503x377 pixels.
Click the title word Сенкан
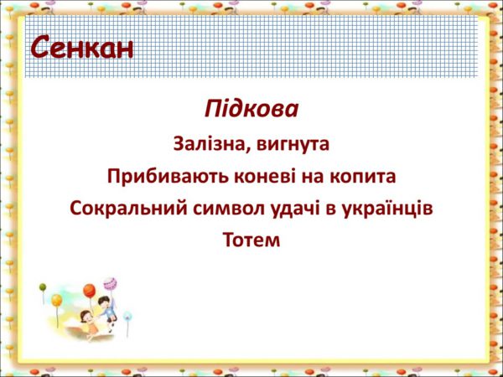click(82, 48)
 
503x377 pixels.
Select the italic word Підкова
click(251, 109)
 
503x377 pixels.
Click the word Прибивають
click(168, 176)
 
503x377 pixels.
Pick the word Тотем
click(251, 240)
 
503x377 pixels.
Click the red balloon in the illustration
click(90, 291)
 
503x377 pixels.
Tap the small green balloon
click(43, 287)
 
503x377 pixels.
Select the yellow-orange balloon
click(57, 301)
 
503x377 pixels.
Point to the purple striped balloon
click(110, 284)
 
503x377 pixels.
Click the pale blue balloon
click(127, 316)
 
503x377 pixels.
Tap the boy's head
click(104, 302)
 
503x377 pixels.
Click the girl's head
click(86, 317)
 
